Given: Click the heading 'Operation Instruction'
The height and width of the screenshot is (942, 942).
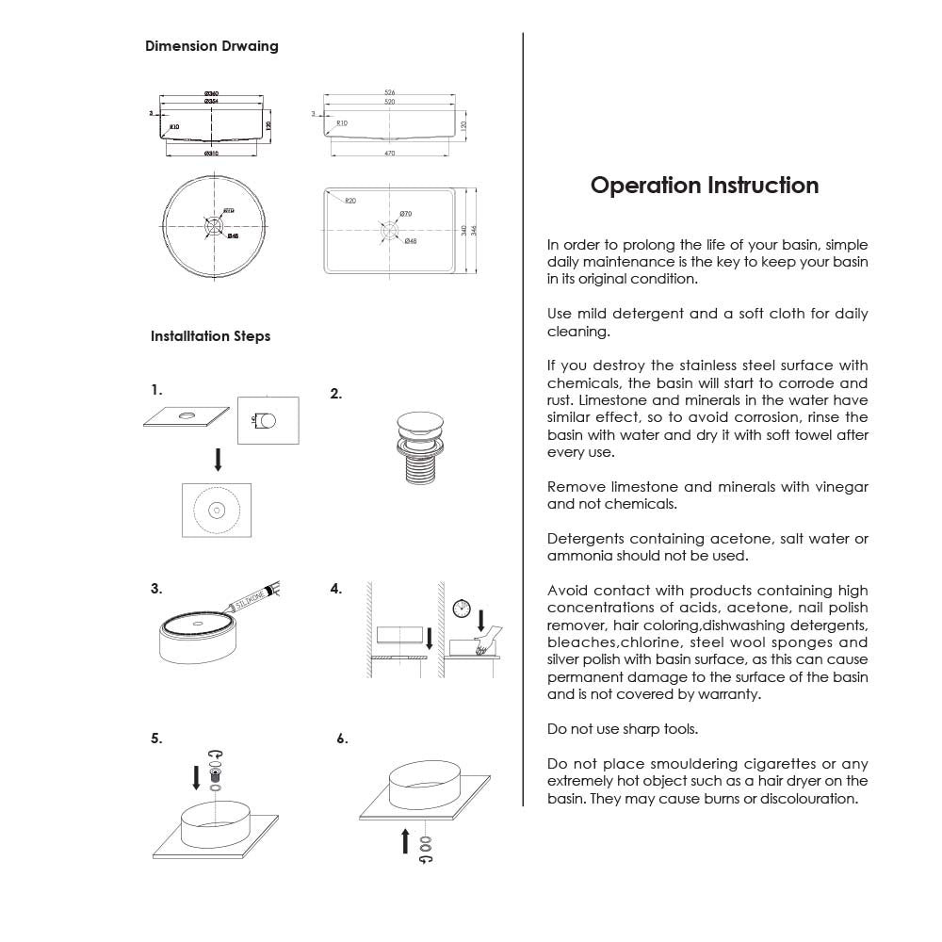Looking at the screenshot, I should [x=704, y=185].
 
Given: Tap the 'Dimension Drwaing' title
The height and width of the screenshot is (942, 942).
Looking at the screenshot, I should [x=211, y=46].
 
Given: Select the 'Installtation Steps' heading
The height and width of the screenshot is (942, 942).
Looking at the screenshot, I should [x=210, y=336].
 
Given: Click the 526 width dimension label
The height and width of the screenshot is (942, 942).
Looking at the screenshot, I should [x=389, y=92].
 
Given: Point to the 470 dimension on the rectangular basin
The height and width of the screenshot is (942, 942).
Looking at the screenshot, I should [x=389, y=153].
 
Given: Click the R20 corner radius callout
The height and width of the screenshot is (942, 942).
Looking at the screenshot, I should [x=349, y=201].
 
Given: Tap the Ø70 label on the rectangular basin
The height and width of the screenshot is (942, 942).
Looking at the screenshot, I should [x=406, y=215].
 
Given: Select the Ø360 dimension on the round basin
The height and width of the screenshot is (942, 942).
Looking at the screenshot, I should [x=212, y=93].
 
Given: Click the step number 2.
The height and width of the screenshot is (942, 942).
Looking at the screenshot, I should [x=335, y=395].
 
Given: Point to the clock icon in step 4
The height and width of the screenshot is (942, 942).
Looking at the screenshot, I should [x=461, y=609].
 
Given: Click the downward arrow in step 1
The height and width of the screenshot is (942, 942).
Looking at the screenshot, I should [x=218, y=459].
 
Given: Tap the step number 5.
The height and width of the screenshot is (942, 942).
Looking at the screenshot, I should [x=156, y=739].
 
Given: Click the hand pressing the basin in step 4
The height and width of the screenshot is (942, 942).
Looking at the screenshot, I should [x=484, y=646].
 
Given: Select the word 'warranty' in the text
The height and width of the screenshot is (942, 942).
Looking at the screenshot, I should [x=727, y=694].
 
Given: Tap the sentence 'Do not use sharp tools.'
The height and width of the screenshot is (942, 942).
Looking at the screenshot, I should [x=623, y=729].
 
